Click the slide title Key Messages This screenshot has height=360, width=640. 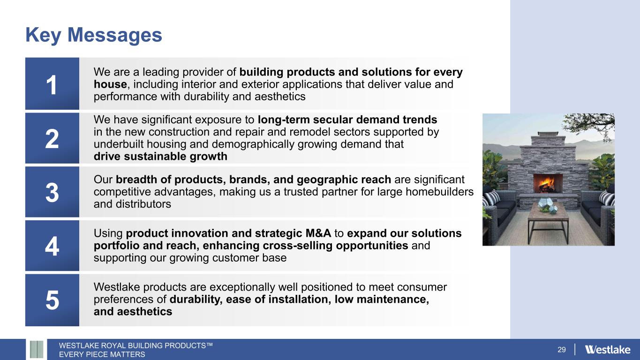point(94,35)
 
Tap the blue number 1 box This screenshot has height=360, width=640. point(52,83)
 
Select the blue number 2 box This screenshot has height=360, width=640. point(52,138)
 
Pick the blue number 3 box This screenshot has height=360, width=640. point(52,192)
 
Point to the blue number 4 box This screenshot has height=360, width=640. point(52,246)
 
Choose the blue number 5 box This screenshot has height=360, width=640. point(52,300)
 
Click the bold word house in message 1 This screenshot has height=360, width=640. point(110,84)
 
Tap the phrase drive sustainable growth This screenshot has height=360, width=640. point(160,157)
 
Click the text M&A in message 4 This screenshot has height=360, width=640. point(318,233)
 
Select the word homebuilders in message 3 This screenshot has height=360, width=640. point(439,192)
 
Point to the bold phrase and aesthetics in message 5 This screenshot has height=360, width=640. point(133,311)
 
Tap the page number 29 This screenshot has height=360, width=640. point(561,350)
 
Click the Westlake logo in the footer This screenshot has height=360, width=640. point(608,350)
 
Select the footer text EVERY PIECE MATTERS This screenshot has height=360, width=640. point(102,354)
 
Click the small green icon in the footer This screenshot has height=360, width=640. point(37,349)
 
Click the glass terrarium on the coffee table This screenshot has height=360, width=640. point(544,205)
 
